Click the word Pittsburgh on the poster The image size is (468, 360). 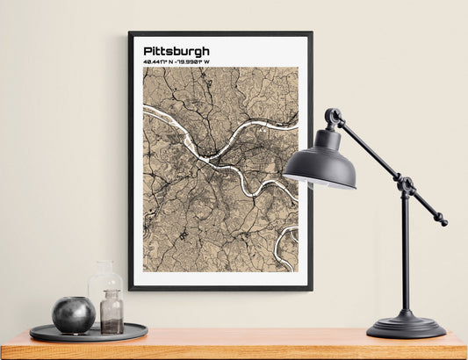tap(176, 51)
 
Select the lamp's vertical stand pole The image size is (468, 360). tap(405, 255)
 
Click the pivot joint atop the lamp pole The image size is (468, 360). tap(405, 185)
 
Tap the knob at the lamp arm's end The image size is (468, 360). tap(443, 222)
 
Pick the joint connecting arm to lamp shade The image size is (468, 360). tap(333, 117)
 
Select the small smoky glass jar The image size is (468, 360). tap(112, 313)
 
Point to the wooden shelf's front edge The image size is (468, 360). tap(234, 349)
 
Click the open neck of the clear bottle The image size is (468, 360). tap(104, 263)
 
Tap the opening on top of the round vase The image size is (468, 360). tap(73, 299)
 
